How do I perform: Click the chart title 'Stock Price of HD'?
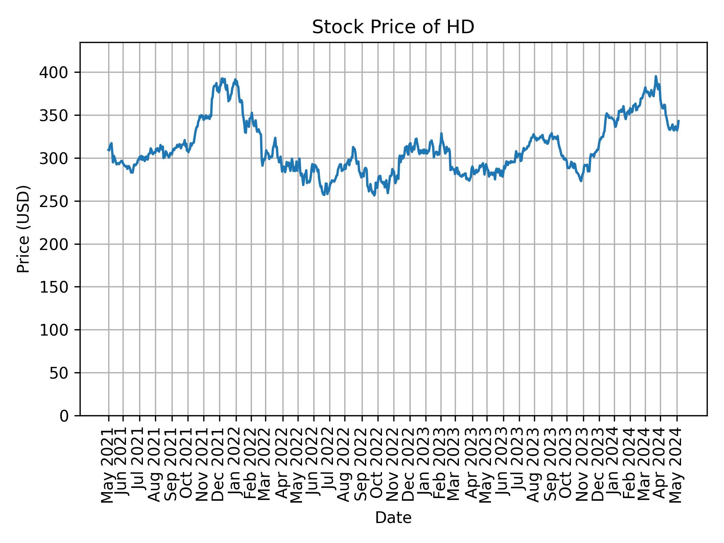tap(393, 28)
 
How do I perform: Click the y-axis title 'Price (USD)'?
tap(23, 229)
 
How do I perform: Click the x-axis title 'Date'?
tap(393, 518)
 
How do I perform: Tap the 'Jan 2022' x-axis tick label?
tap(236, 466)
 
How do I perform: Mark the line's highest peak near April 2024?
tap(656, 76)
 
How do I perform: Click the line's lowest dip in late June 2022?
tap(324, 195)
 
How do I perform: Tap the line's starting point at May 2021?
tap(108, 150)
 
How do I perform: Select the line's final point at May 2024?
tap(679, 121)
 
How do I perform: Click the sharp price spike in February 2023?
tap(441, 133)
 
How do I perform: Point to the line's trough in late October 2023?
tap(581, 181)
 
